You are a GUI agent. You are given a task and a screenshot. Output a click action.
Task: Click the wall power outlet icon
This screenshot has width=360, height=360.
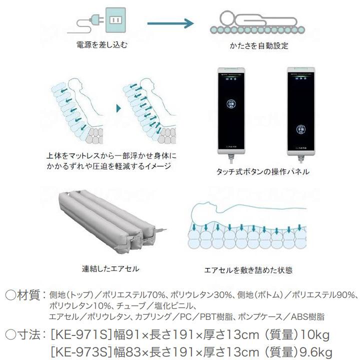pos(115,20)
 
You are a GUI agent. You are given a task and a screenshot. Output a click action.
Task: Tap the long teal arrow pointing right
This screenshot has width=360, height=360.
pos(170,22)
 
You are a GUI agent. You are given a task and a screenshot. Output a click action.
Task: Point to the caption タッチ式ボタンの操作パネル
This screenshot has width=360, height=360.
pos(262,171)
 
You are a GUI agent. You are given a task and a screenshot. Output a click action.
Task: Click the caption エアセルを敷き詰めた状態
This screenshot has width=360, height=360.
pos(248,270)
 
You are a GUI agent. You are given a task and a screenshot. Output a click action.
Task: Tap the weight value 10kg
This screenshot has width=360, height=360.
pos(315,333)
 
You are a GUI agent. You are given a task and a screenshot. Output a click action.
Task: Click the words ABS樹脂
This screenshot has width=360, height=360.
pos(309,316)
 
